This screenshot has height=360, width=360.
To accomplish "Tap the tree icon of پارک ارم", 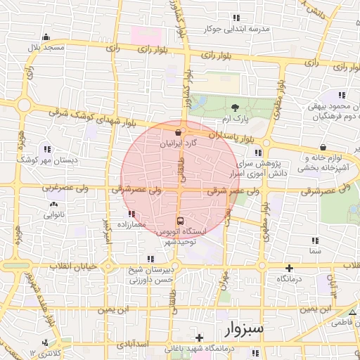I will click(235, 107).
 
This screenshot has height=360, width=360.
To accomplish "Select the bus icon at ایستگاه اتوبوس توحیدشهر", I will click(179, 220).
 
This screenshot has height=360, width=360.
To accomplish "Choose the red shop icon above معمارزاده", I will click(131, 214).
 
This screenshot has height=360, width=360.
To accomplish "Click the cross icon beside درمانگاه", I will click(289, 268).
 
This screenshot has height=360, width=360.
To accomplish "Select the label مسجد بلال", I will click(45, 47).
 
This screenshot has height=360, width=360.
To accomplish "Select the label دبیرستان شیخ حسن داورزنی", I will click(150, 275).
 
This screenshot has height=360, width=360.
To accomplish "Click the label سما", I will click(314, 250).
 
